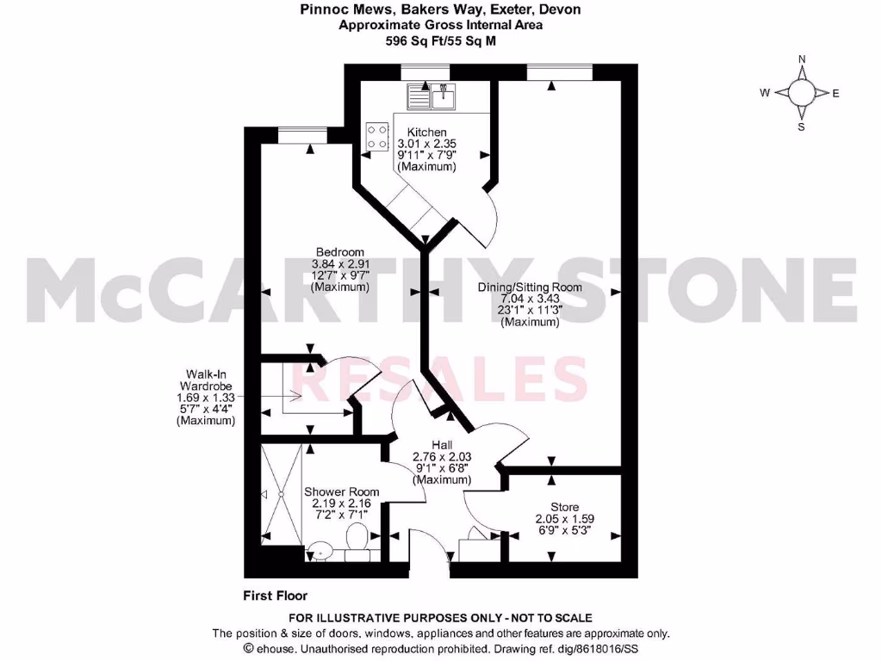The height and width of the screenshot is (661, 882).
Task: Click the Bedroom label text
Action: pyautogui.click(x=339, y=251)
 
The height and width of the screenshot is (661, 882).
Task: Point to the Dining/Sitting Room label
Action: pyautogui.click(x=530, y=287)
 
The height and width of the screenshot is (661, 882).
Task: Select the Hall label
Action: pyautogui.click(x=441, y=444)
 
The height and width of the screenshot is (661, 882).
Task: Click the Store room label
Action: pyautogui.click(x=564, y=507)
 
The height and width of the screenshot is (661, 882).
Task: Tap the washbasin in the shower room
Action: pyautogui.click(x=320, y=547)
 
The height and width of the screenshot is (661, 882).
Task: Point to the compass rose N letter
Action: pyautogui.click(x=801, y=59)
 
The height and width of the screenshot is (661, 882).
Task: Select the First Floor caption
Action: pyautogui.click(x=275, y=596)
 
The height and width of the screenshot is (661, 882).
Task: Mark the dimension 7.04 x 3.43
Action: pyautogui.click(x=530, y=299)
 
